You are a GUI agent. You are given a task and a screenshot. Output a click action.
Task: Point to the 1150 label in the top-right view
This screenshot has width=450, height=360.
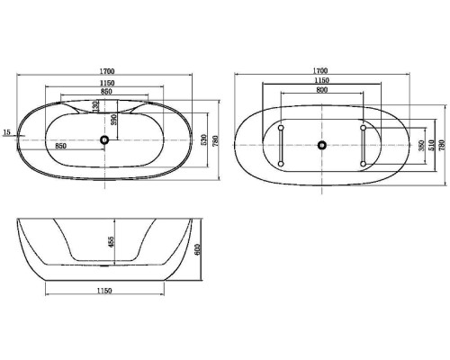[322, 83]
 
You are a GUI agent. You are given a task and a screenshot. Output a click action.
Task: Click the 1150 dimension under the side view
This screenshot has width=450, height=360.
[104, 290]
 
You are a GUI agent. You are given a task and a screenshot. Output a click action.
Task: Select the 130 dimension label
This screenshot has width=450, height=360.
[95, 105]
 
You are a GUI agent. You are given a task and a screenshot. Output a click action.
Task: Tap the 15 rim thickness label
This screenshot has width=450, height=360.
[7, 132]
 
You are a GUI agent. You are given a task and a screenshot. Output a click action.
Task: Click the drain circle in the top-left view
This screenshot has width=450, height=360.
[105, 139]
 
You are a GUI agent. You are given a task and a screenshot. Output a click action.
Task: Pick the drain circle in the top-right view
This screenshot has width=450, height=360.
[322, 145]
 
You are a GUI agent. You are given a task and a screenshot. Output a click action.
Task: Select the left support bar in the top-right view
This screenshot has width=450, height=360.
[282, 145]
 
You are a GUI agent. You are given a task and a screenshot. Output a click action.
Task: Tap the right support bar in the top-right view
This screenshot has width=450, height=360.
[363, 145]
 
